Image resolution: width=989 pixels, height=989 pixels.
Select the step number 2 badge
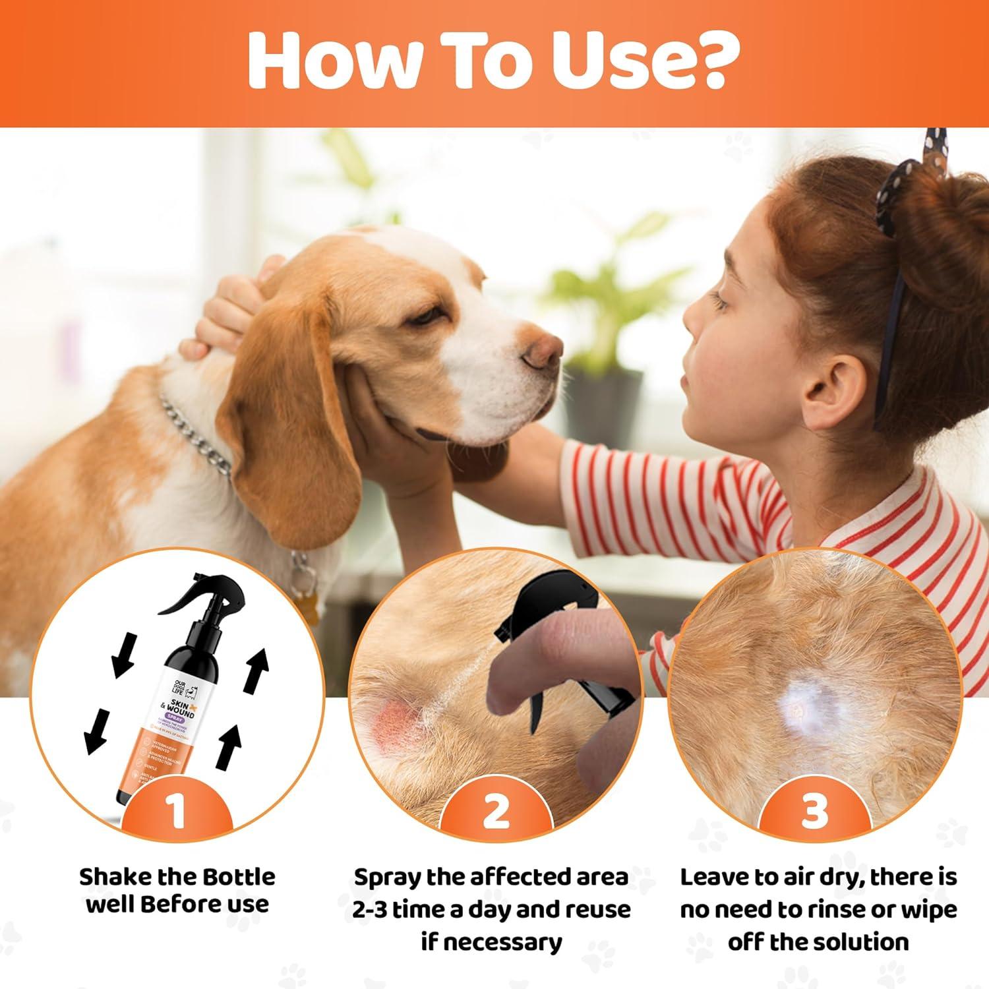pos(496,812)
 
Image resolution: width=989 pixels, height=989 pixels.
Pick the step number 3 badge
pos(814,812)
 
